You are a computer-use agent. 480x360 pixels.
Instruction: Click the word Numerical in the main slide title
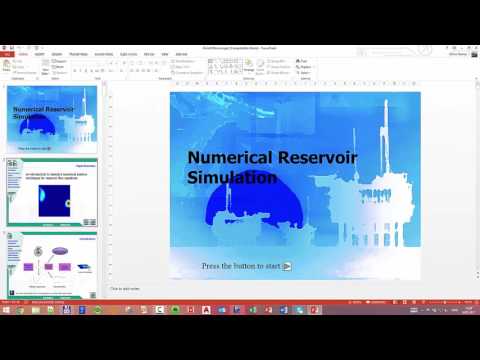coord(226,158)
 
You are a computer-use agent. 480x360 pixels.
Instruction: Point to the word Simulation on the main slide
coord(231,178)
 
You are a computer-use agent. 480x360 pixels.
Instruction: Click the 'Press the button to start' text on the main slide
coord(241,266)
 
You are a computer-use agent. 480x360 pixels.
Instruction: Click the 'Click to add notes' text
coord(130,289)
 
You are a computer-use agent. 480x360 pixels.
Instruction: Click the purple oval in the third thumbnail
coord(60,249)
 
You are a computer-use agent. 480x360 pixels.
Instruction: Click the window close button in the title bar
coord(472,45)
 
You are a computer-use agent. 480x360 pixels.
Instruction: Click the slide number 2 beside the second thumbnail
coord(5,161)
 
